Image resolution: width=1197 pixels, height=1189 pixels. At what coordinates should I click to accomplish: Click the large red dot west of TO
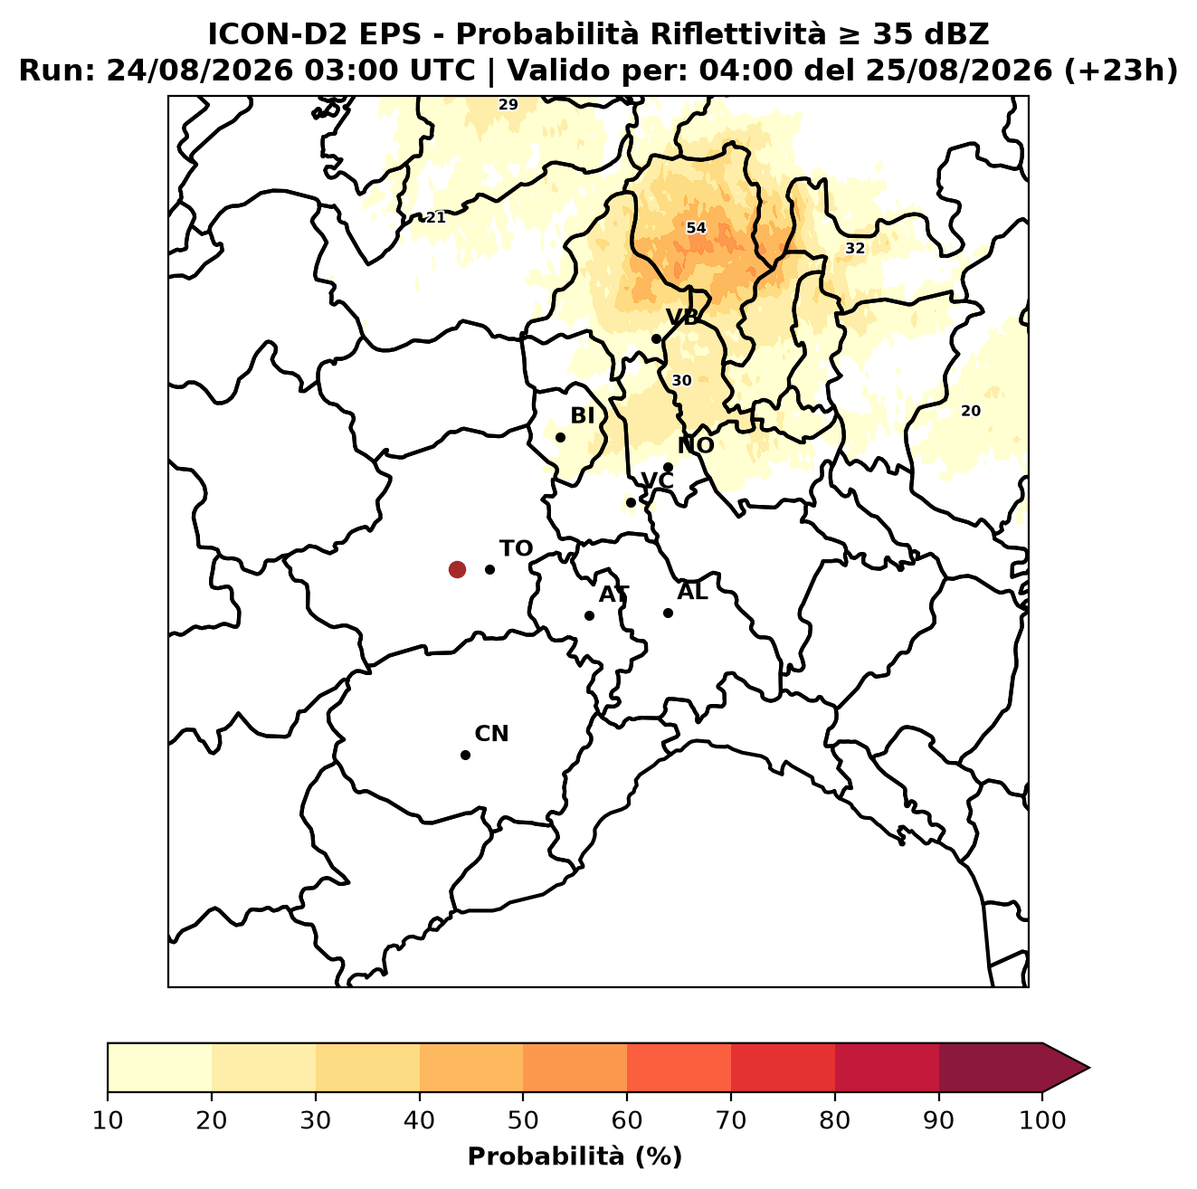(457, 568)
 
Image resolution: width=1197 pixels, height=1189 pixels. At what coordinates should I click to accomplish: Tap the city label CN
(491, 734)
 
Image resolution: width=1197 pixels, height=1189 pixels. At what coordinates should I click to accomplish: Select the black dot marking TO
(489, 569)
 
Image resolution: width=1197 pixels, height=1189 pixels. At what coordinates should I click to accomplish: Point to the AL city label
(692, 592)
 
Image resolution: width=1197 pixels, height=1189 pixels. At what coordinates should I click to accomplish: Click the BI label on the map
(583, 416)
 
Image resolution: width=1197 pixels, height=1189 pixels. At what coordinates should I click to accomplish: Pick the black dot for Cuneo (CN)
(465, 755)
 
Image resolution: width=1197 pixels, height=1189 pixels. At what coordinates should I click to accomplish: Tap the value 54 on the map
(696, 228)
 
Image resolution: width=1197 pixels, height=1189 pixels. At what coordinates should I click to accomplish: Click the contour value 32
(855, 248)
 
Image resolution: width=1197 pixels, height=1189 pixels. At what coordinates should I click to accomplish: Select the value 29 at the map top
(508, 104)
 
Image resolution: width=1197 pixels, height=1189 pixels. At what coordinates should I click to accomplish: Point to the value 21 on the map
(435, 217)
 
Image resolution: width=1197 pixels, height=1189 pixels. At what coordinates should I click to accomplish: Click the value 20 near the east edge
(970, 411)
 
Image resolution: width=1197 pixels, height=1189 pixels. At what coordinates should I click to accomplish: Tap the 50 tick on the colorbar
(523, 1120)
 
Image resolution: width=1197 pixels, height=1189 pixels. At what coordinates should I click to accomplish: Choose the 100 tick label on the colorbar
(1042, 1120)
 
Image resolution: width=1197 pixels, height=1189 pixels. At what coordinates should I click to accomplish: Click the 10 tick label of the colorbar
(108, 1120)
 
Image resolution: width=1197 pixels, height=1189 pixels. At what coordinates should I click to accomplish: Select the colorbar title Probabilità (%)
(575, 1156)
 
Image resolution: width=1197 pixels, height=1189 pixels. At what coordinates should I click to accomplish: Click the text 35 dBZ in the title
(930, 34)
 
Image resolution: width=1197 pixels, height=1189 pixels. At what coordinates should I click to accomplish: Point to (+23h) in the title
(1121, 71)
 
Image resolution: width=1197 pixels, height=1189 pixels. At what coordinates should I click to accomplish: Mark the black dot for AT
(589, 615)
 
